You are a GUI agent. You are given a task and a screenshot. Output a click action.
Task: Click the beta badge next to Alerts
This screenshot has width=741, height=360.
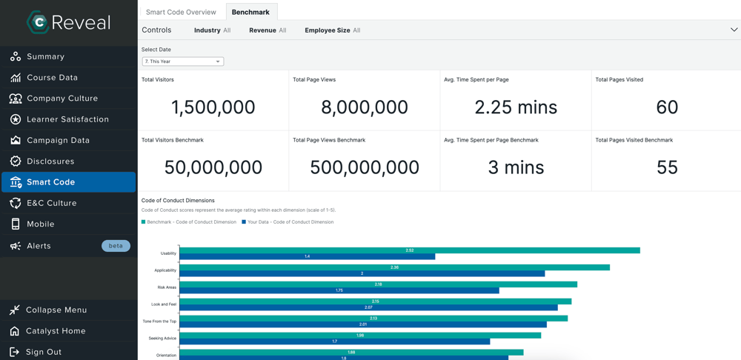pyautogui.click(x=116, y=246)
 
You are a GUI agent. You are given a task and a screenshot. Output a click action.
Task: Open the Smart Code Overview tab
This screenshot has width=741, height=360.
pyautogui.click(x=181, y=13)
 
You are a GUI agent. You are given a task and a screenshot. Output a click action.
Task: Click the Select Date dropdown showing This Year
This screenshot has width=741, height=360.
pyautogui.click(x=183, y=61)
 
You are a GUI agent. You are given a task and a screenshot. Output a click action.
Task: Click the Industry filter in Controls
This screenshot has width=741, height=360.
pyautogui.click(x=212, y=30)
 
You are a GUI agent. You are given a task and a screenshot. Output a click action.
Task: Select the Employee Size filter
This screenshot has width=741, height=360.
pyautogui.click(x=332, y=30)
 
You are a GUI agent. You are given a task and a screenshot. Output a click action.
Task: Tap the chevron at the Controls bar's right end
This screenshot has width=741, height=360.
pyautogui.click(x=734, y=30)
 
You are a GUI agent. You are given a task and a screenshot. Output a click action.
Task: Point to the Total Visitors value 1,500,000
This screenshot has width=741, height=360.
pyautogui.click(x=213, y=107)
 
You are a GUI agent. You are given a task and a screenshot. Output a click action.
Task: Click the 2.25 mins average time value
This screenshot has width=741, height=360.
pyautogui.click(x=516, y=107)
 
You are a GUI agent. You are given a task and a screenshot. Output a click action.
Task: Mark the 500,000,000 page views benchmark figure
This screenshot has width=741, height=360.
pyautogui.click(x=365, y=167)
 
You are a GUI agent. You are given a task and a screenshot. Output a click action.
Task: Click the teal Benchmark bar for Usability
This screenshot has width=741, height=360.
pyautogui.click(x=410, y=250)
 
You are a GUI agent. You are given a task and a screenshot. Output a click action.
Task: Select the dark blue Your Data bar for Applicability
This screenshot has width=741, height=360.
pyautogui.click(x=362, y=273)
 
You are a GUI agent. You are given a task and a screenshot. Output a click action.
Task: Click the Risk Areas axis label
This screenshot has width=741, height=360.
pyautogui.click(x=167, y=287)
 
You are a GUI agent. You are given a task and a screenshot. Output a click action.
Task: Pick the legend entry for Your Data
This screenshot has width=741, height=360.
pyautogui.click(x=288, y=222)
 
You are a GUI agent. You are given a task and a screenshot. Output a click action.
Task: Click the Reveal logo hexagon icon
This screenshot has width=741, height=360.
pyautogui.click(x=38, y=21)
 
